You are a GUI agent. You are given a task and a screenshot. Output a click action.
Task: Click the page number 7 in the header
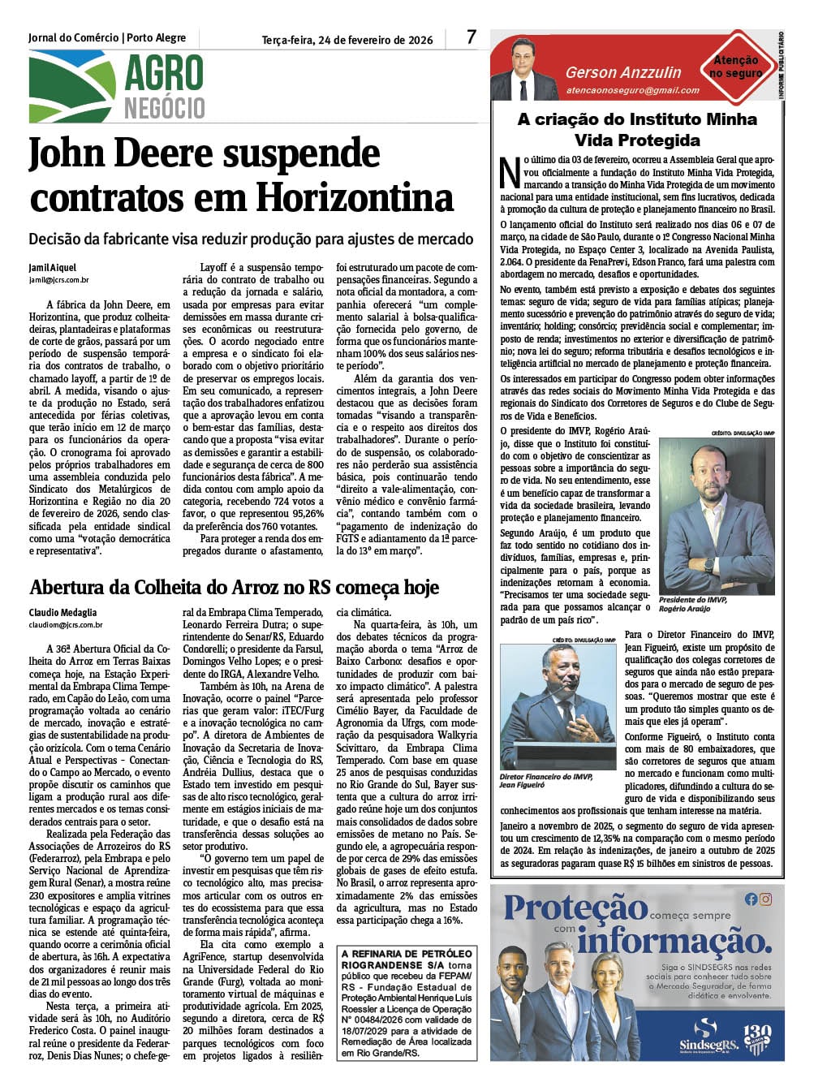472,37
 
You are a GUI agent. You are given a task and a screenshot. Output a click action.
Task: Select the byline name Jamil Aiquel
53,268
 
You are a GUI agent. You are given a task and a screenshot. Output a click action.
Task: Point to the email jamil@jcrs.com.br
58,280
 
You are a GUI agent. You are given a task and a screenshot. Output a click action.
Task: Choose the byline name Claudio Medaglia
63,613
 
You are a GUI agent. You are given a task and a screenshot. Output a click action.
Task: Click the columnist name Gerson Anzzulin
623,73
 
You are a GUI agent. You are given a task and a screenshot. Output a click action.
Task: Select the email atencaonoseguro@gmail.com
632,90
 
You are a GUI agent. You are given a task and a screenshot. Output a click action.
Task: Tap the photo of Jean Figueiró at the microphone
558,706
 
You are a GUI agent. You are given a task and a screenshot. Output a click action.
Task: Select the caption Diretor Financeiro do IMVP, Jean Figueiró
546,781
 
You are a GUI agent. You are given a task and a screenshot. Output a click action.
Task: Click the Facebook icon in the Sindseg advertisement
751,899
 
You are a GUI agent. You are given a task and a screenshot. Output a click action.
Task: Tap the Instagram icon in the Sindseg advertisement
765,899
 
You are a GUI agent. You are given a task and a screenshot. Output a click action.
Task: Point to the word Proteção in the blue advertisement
575,909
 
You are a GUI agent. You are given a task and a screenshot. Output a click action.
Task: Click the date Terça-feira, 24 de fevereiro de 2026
347,40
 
